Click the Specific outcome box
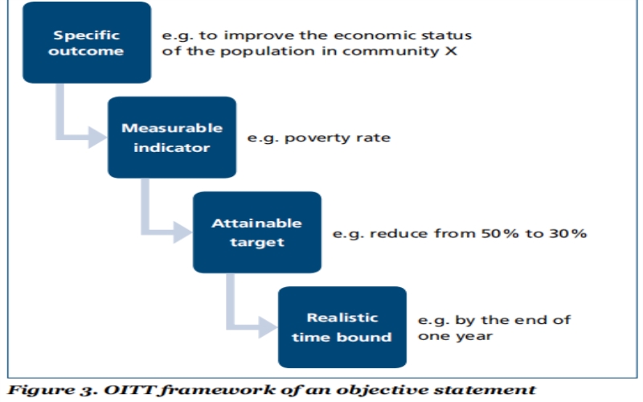click(x=87, y=43)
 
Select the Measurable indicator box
click(x=172, y=137)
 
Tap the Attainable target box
click(x=257, y=232)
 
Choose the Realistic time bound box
click(x=342, y=327)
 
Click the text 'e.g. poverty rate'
click(x=318, y=137)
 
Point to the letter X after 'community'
click(x=451, y=51)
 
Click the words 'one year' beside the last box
click(x=455, y=336)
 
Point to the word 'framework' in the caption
click(x=217, y=390)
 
